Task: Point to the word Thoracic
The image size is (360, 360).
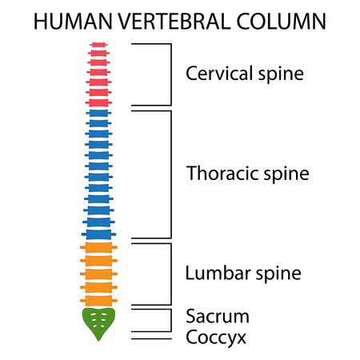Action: pos(217,173)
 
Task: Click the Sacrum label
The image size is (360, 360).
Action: pos(218,315)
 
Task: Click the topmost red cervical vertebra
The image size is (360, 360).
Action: pos(98,45)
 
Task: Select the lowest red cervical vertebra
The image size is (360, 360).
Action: pos(98,102)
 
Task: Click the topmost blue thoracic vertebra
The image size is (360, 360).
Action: pos(98,114)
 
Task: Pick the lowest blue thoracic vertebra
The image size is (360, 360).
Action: pos(98,234)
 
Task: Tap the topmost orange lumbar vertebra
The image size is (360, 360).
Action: pos(98,247)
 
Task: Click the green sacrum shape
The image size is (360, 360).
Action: pos(98,322)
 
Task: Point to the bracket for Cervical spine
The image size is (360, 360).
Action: pos(171,74)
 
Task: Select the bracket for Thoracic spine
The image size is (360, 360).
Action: pos(171,174)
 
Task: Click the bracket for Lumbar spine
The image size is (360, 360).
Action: pos(171,274)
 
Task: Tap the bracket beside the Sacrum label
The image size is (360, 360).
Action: pos(171,319)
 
